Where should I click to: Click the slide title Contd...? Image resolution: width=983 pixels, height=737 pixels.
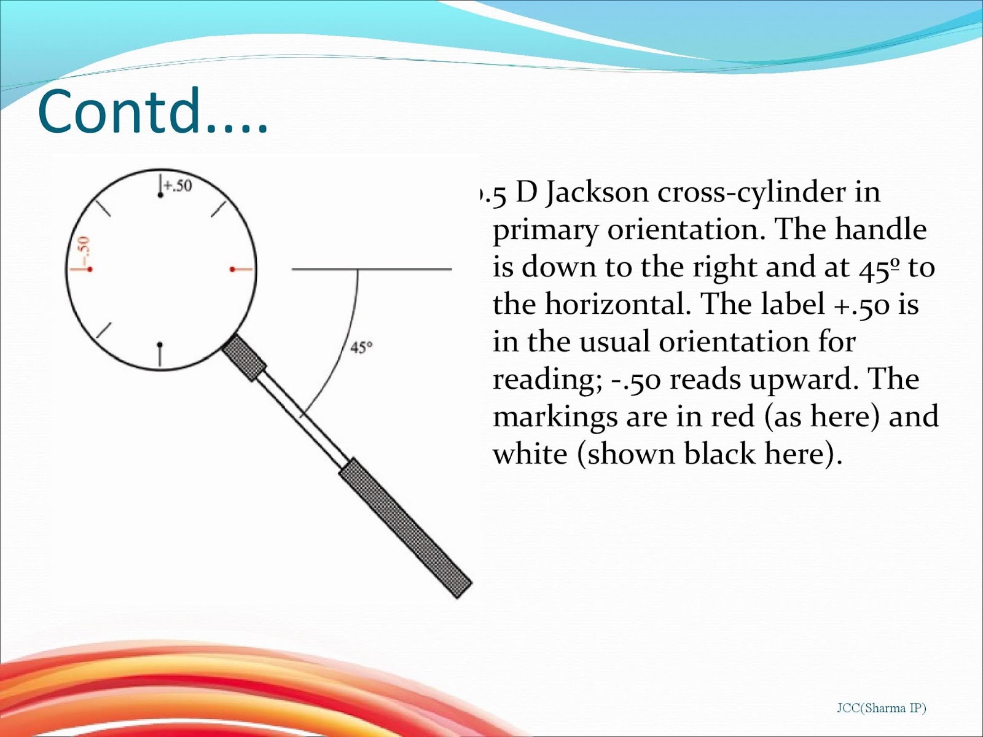(x=152, y=112)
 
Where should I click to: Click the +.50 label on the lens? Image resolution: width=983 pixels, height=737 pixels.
(x=178, y=185)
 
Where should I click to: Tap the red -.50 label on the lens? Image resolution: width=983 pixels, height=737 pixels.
(x=83, y=248)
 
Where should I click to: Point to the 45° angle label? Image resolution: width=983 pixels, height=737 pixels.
(x=361, y=348)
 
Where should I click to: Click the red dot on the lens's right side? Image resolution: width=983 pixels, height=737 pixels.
(x=232, y=269)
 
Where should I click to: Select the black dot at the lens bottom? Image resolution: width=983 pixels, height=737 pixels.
(x=160, y=345)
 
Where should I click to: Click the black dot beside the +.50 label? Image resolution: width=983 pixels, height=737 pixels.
(x=160, y=195)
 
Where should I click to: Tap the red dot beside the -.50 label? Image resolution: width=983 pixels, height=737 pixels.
(x=90, y=269)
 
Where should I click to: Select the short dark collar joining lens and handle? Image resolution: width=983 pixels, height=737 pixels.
(x=244, y=357)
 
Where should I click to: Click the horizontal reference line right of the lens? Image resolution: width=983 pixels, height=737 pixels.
(x=372, y=269)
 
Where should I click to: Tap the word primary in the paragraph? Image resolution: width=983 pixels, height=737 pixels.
(x=545, y=231)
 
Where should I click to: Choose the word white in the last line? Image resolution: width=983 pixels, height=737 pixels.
(x=530, y=454)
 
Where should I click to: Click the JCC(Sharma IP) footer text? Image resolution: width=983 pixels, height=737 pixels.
(x=881, y=708)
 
